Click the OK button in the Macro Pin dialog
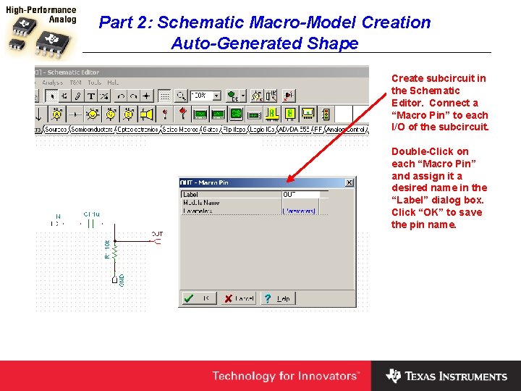click(198, 298)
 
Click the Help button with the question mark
click(276, 298)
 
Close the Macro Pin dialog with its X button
click(350, 182)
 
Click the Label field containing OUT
click(304, 195)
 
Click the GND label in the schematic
click(122, 279)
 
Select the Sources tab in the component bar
click(56, 130)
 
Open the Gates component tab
click(211, 130)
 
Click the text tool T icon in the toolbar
click(92, 96)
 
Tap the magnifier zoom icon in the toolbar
click(179, 96)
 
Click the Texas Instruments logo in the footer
click(446, 376)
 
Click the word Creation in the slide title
click(396, 22)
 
